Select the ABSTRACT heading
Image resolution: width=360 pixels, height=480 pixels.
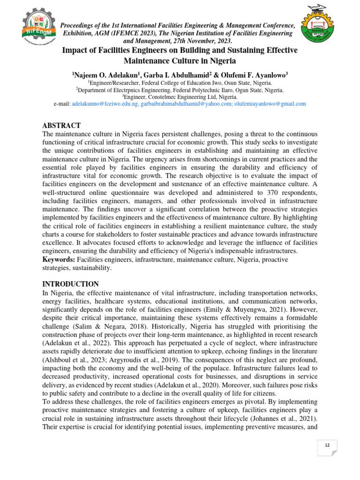(61, 126)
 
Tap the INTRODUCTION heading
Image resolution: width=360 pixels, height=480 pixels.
(70, 284)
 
